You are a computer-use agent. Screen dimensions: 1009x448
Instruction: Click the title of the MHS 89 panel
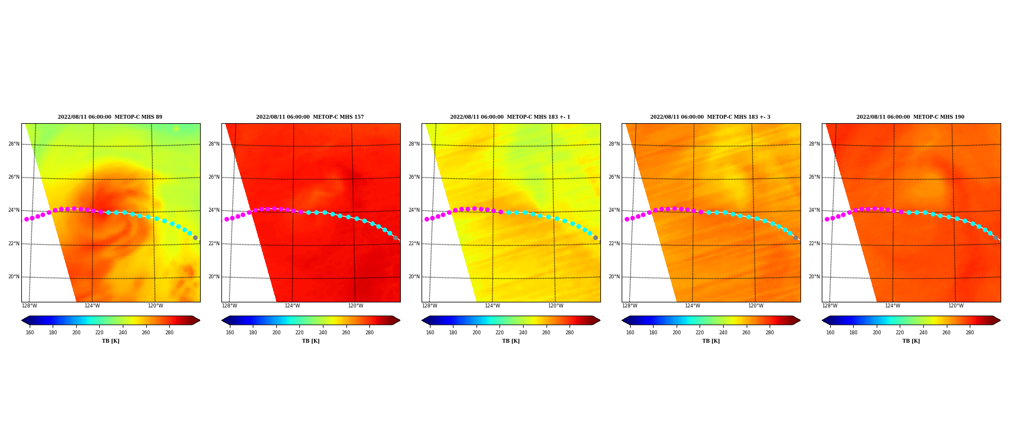[x=110, y=117]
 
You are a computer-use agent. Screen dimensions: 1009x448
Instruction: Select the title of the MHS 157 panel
[x=310, y=117]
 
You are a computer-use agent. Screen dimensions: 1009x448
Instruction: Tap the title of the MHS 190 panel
[x=910, y=117]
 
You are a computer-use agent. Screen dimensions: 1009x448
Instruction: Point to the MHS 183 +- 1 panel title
[x=510, y=117]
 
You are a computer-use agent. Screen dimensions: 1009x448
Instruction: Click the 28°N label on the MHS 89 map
[x=13, y=144]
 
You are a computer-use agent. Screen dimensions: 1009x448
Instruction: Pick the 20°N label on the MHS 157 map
[x=214, y=277]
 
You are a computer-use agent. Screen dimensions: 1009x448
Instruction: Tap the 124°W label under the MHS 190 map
[x=892, y=306]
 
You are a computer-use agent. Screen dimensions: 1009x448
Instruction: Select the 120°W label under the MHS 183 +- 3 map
[x=756, y=306]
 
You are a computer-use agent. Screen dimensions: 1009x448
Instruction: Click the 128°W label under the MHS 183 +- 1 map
[x=429, y=306]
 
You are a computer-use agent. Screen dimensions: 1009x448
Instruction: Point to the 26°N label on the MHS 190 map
[x=814, y=178]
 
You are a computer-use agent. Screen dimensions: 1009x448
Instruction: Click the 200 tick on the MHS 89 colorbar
[x=76, y=333]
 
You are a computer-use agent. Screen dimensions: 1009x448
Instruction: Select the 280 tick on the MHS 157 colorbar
[x=369, y=333]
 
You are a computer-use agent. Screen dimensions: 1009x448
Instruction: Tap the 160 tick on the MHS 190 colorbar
[x=830, y=333]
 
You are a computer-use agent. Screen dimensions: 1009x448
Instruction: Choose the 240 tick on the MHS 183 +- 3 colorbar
[x=723, y=333]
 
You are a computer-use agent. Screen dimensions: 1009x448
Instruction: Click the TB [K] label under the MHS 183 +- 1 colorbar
[x=511, y=341]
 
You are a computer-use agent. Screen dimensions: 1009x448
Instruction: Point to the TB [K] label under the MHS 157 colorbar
[x=311, y=341]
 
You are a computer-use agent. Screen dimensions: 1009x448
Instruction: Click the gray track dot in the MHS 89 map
[x=195, y=238]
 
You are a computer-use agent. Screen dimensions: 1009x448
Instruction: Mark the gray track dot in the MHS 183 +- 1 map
[x=595, y=238]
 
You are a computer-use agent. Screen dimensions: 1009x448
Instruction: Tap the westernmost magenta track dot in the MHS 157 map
[x=226, y=220]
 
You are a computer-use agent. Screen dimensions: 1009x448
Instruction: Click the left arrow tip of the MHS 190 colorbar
[x=822, y=320]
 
